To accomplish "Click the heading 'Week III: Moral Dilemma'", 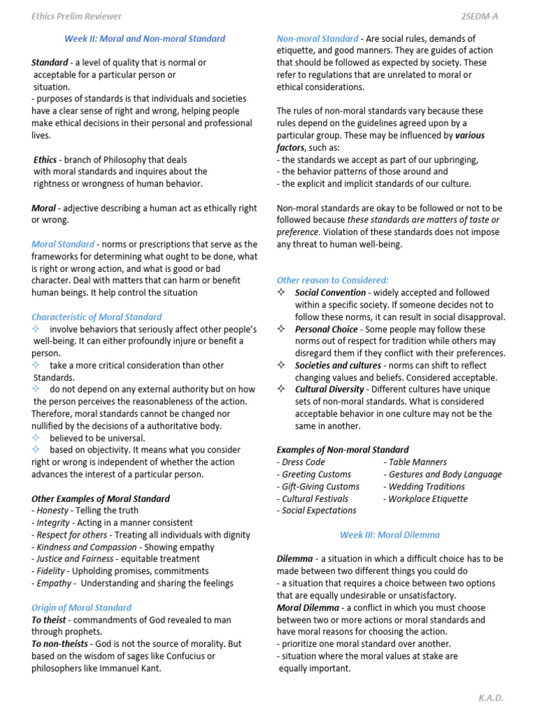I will (x=389, y=535).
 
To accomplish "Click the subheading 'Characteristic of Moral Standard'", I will (x=96, y=317).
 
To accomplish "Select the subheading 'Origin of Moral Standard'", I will (x=81, y=607).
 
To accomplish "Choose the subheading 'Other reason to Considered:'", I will (x=332, y=280).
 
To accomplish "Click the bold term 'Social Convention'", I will (x=329, y=293).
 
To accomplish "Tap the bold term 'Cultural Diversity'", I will (x=329, y=389).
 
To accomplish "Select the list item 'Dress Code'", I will (x=301, y=462).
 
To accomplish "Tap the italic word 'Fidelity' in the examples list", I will (x=52, y=571).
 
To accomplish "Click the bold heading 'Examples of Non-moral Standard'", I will (x=342, y=450).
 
